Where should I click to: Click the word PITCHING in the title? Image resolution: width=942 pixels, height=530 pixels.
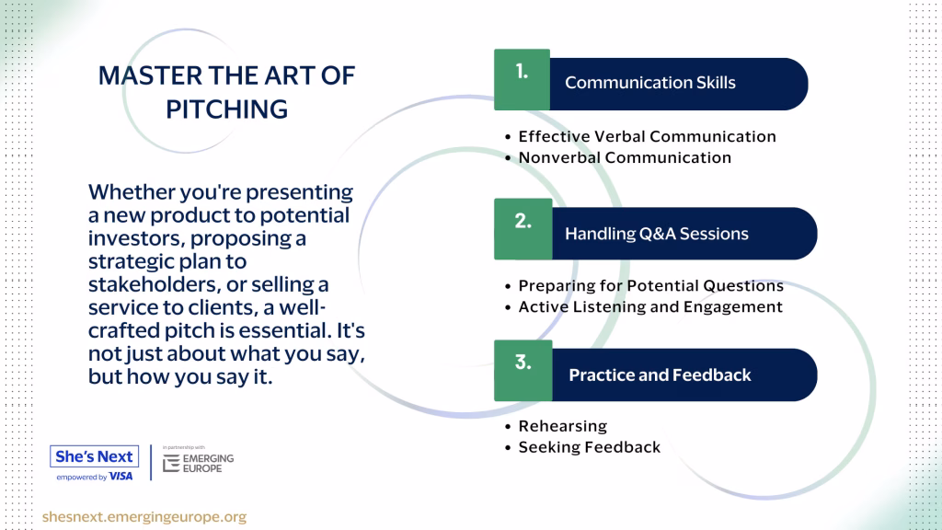226,109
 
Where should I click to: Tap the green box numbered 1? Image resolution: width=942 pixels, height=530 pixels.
523,79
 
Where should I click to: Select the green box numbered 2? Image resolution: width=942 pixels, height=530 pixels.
523,229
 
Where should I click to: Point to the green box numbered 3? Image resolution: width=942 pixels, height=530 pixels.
523,371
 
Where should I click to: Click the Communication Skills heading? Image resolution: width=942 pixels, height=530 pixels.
650,82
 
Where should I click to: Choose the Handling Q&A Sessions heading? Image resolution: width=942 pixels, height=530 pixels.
657,233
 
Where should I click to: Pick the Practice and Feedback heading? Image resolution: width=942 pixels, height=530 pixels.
660,375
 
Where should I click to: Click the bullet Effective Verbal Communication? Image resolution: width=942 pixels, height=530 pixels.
647,136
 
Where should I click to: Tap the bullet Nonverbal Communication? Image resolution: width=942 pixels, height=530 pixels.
625,157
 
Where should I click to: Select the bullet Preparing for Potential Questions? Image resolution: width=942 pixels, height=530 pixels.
651,285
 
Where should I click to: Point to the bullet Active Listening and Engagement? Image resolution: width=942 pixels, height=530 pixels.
650,306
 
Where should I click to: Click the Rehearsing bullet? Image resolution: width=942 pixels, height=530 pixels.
563,426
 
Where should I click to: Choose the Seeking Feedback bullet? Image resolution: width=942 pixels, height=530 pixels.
590,447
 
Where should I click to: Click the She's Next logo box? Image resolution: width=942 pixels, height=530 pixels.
95,456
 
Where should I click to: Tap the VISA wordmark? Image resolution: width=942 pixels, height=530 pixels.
121,477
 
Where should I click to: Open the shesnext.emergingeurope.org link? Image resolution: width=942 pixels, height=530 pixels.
144,517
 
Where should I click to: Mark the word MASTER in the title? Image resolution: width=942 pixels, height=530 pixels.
150,75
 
